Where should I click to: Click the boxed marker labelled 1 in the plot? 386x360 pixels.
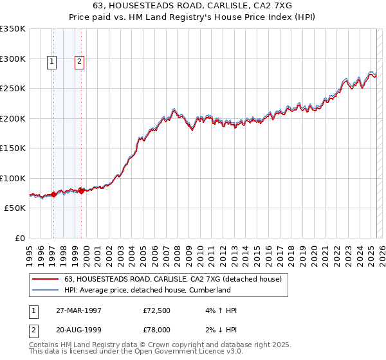click(x=51, y=62)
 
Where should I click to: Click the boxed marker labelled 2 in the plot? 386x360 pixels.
click(x=79, y=62)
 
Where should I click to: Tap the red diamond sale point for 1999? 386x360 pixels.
click(x=82, y=191)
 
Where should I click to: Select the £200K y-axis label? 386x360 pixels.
click(x=13, y=118)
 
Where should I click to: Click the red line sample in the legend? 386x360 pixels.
click(x=45, y=280)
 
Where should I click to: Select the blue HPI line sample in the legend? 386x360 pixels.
click(x=45, y=291)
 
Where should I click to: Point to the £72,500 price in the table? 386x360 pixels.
click(x=157, y=310)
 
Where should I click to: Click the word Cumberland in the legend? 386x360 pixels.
click(x=209, y=291)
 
